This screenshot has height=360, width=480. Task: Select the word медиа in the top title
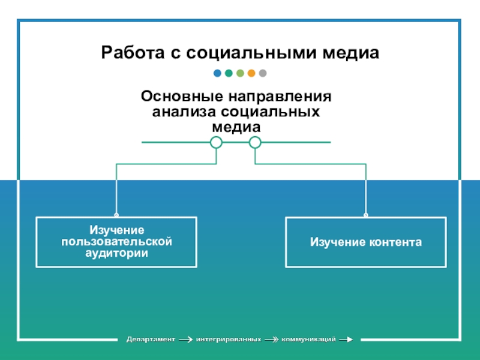point(352,53)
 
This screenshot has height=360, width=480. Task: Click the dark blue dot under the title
point(217,74)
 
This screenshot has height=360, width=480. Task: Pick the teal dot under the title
point(229,74)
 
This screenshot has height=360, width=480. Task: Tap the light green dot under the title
point(240,74)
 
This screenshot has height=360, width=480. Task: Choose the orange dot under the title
point(251,74)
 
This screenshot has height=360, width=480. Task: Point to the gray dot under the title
point(263,74)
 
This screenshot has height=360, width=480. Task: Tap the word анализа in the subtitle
point(183,112)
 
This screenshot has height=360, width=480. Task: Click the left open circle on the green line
point(216,142)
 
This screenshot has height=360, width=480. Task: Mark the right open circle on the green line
point(255,142)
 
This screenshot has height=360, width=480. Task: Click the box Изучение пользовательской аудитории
point(116,242)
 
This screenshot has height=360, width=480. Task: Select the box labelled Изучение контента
point(365,242)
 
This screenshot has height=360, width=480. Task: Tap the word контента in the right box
point(395,242)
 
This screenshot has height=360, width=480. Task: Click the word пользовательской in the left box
point(116,242)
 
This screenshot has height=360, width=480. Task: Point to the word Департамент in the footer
point(151,340)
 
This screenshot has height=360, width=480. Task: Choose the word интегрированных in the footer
point(229,340)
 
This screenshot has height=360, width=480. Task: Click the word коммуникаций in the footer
point(308,340)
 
